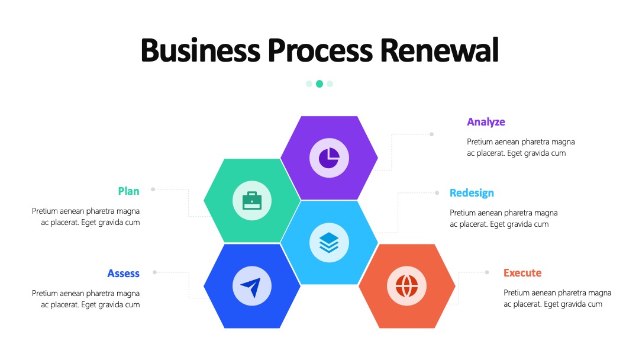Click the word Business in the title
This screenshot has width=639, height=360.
200,50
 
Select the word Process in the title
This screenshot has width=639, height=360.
320,50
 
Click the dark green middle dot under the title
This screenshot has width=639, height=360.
319,83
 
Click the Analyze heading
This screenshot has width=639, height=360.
486,122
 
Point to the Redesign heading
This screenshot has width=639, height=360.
472,193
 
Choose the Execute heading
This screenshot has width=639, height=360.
522,273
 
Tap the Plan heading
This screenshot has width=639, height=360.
129,191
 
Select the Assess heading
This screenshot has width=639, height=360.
124,274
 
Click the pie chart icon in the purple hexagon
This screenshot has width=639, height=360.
329,157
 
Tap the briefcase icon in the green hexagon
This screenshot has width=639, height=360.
252,201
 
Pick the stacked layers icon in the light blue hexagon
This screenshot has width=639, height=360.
329,243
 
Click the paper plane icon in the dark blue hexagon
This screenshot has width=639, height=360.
251,287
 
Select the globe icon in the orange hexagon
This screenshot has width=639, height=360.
406,286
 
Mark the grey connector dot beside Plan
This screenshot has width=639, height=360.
153,189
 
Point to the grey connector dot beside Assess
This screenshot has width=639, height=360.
154,272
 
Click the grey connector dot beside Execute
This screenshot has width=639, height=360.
486,272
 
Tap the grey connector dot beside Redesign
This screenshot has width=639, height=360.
437,193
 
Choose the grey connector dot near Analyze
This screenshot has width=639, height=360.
431,134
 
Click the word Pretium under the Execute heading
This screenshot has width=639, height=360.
517,292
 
